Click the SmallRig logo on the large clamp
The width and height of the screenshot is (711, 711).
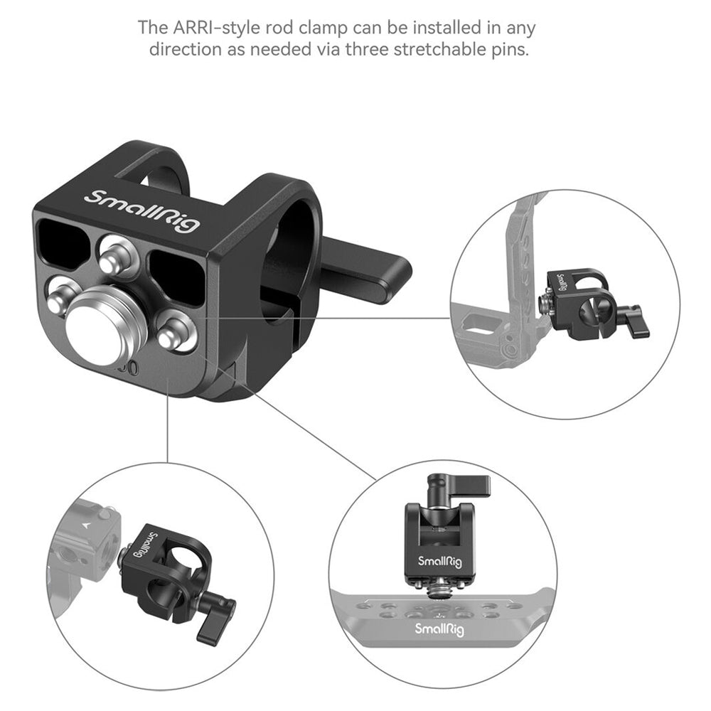[142, 210]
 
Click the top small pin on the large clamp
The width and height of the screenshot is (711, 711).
[117, 255]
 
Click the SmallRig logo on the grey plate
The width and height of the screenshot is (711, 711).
[439, 629]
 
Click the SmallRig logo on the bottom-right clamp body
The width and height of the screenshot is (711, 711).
[439, 562]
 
